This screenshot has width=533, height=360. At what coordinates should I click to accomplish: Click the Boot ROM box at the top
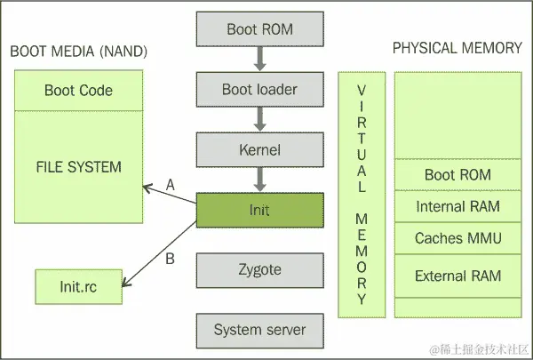pyautogui.click(x=259, y=30)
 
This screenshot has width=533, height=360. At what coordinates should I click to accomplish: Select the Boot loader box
pyautogui.click(x=259, y=90)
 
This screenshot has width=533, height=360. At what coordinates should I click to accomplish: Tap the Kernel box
pyautogui.click(x=259, y=149)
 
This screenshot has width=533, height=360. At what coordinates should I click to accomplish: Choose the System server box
pyautogui.click(x=259, y=330)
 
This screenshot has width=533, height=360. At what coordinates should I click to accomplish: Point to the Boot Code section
pyautogui.click(x=78, y=91)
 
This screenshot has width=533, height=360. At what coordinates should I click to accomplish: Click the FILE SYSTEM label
pyautogui.click(x=78, y=166)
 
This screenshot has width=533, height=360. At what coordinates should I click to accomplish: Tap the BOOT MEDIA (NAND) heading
pyautogui.click(x=78, y=51)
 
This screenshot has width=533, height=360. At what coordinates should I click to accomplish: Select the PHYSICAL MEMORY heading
pyautogui.click(x=457, y=48)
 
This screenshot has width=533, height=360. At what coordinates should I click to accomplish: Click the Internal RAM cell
pyautogui.click(x=457, y=206)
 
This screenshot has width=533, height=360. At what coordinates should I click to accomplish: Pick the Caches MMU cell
pyautogui.click(x=457, y=238)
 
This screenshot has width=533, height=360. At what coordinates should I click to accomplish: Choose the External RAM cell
pyautogui.click(x=457, y=276)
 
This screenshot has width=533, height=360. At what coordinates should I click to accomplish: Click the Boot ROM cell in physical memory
pyautogui.click(x=457, y=174)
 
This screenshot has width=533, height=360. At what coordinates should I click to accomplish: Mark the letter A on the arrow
pyautogui.click(x=171, y=184)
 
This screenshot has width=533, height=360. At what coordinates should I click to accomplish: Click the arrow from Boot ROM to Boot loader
pyautogui.click(x=259, y=59)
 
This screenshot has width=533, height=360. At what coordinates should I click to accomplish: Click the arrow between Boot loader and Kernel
pyautogui.click(x=259, y=119)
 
